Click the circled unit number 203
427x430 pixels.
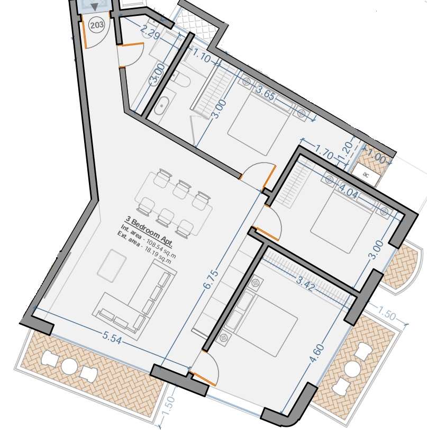(97, 25)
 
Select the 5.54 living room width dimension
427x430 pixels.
(112, 337)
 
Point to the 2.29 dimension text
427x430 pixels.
(150, 32)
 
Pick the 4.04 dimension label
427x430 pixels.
(348, 191)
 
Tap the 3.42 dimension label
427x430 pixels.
(306, 283)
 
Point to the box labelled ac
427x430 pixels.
(366, 174)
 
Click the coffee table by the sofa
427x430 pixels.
(112, 265)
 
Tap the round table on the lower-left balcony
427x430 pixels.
(69, 366)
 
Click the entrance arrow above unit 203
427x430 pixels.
(95, 7)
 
